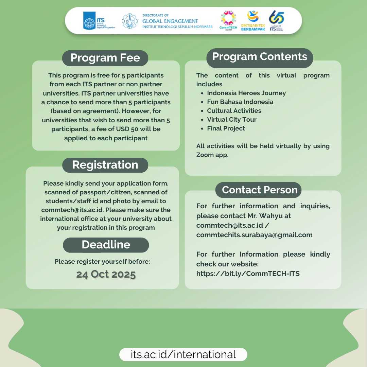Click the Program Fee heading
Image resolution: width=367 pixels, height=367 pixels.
(105, 58)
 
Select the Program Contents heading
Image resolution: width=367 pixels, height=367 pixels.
(260, 57)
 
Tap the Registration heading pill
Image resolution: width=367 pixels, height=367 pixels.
(105, 165)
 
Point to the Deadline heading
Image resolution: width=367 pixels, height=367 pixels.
(106, 245)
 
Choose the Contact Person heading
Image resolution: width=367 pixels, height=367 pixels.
(260, 190)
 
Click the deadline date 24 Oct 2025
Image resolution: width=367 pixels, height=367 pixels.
(106, 274)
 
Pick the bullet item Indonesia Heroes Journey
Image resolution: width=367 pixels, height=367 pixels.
(246, 93)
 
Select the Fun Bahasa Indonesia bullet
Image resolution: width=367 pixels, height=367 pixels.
(240, 102)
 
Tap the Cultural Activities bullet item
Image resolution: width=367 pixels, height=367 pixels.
(234, 111)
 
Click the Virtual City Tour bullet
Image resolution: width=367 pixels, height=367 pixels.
(231, 120)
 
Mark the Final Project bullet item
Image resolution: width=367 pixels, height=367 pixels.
(226, 128)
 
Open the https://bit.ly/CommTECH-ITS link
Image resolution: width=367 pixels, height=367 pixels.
(248, 273)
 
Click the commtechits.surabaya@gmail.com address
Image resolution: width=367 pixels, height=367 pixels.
(254, 235)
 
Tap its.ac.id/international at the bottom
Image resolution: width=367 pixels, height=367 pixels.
(183, 354)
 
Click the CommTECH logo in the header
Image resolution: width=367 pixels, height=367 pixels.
(228, 20)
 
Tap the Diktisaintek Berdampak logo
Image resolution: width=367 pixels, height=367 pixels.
(253, 20)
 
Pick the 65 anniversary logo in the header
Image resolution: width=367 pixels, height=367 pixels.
(276, 20)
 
